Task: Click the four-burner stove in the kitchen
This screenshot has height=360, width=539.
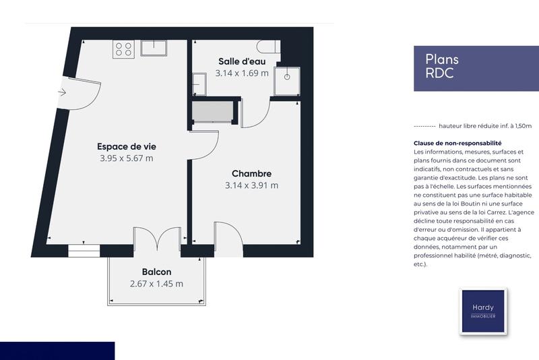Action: coord(124,49)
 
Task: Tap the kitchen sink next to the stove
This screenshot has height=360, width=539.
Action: coord(154,48)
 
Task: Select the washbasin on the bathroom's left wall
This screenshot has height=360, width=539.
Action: coord(199,84)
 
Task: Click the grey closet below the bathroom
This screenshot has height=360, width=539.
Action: coord(214,111)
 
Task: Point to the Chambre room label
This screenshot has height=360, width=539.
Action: coord(251,173)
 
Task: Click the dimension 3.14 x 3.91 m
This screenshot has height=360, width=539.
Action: coord(251,185)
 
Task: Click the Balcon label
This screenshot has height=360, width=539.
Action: coord(156,272)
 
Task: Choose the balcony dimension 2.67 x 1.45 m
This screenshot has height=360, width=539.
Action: coord(156,284)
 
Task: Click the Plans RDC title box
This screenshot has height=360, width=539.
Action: coord(469,67)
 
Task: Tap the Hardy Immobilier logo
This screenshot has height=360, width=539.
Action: coord(482,311)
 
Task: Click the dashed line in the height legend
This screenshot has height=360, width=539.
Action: coord(423,126)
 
